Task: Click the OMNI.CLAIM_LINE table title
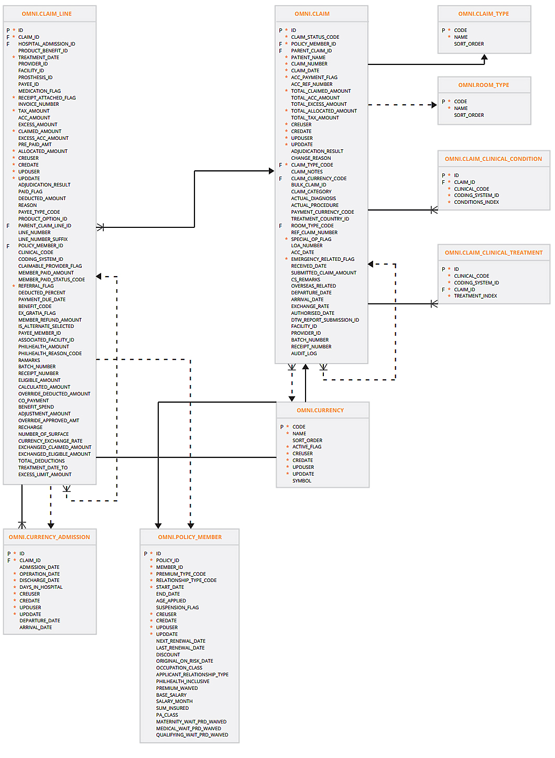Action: [47, 14]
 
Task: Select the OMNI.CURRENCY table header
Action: [320, 410]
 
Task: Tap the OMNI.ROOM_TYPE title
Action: [484, 85]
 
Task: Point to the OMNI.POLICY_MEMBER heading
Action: [190, 537]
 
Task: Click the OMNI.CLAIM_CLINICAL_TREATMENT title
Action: [494, 252]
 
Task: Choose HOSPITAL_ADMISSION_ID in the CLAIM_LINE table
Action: [47, 44]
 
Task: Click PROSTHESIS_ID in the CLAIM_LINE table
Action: [35, 78]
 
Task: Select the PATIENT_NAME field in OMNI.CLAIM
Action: [308, 58]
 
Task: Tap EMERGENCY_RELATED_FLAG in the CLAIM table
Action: [322, 259]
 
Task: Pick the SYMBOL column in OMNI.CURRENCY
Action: [302, 481]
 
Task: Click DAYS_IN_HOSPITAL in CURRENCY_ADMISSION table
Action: [41, 587]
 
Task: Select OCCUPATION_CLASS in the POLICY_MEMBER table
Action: [179, 668]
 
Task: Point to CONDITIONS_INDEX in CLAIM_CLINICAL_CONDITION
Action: [476, 202]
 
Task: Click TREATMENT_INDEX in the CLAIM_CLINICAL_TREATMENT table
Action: [475, 296]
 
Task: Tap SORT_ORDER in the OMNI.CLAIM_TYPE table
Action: [469, 44]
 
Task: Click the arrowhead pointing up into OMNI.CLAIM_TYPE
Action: [484, 58]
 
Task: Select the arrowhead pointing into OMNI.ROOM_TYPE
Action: [434, 105]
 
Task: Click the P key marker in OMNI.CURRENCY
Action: [282, 427]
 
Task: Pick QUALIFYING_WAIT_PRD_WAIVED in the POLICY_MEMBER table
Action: [192, 735]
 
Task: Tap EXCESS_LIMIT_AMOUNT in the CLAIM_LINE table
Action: [45, 475]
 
